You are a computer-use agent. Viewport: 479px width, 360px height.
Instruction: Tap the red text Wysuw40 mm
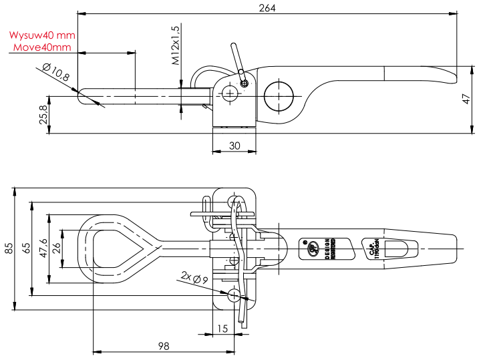coord(42,35)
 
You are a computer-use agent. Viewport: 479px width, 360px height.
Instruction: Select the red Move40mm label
coord(42,47)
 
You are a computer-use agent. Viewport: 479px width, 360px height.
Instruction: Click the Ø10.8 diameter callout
coord(55,71)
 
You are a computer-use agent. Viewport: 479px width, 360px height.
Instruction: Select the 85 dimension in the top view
coord(9,248)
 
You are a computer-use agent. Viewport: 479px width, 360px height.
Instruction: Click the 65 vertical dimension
coord(26,248)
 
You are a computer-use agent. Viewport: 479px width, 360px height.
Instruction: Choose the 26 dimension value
coord(57,248)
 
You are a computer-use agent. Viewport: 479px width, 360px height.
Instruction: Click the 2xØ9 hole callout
coord(195,276)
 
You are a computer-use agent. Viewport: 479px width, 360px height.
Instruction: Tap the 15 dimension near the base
coord(223,329)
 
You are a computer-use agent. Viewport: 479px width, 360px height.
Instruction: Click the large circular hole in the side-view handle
coord(279,95)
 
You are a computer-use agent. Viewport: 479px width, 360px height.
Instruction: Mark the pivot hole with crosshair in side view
coord(230,94)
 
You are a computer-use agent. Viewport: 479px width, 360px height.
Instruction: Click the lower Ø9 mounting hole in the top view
coord(234,295)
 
